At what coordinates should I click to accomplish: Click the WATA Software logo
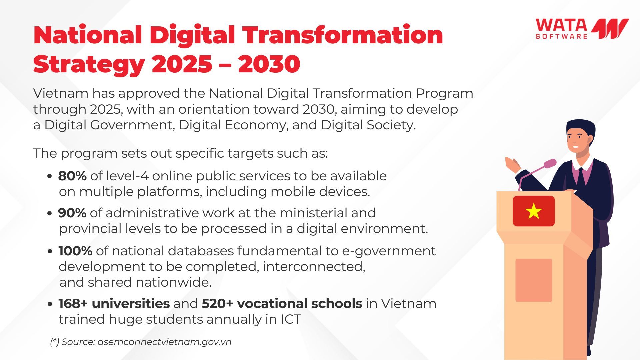click(582, 29)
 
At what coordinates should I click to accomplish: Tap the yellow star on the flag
click(533, 211)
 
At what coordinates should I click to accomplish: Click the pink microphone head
click(550, 163)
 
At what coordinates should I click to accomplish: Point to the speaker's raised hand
click(513, 165)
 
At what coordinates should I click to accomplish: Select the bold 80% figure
click(72, 176)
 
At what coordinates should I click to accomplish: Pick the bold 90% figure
click(72, 213)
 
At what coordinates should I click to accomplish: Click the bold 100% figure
click(75, 251)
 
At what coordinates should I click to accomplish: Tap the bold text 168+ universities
click(114, 303)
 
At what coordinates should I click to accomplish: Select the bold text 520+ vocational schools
click(282, 303)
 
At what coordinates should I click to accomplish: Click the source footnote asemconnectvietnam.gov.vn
click(164, 342)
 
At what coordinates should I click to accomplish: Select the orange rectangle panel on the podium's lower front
click(534, 280)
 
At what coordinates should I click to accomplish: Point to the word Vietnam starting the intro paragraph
click(61, 93)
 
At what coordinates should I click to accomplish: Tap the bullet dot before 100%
click(50, 251)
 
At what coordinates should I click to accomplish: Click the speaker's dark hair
click(581, 127)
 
